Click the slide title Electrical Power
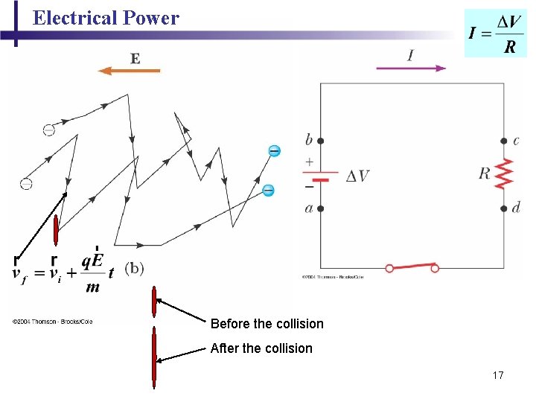tap(106, 18)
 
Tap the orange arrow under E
tap(130, 71)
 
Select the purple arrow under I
tap(411, 68)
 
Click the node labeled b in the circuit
tap(321, 140)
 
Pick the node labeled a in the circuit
tap(321, 208)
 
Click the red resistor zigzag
tap(505, 174)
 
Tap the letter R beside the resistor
tap(485, 173)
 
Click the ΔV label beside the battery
tap(357, 176)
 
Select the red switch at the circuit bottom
tap(412, 267)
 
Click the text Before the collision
tap(267, 324)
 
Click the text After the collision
tap(261, 348)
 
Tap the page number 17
tap(498, 375)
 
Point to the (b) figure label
tap(134, 267)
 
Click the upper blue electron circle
tap(274, 151)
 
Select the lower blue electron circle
tap(268, 190)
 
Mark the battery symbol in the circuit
tap(321, 176)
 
